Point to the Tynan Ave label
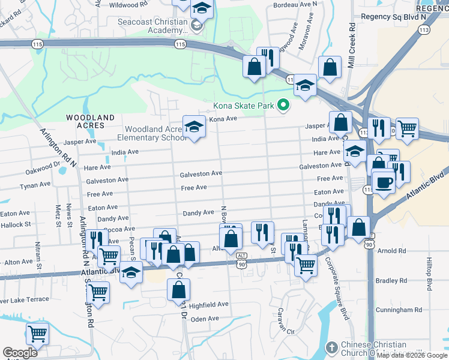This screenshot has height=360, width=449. (x=35, y=186)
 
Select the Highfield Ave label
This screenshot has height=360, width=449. (x=208, y=305)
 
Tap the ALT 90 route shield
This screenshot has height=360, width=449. (x=241, y=263)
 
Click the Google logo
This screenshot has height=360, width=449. (x=20, y=353)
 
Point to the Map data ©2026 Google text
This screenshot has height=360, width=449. (x=412, y=355)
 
